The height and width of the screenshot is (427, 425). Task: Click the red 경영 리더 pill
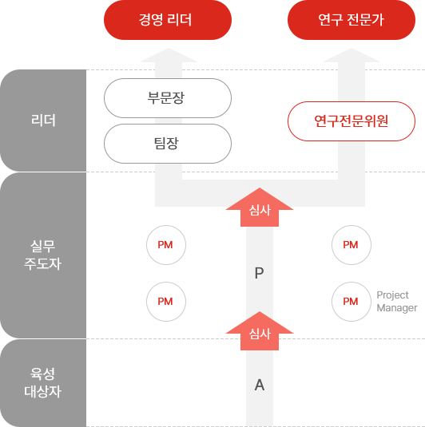[x=168, y=20]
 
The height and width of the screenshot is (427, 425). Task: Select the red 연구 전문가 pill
[x=352, y=20]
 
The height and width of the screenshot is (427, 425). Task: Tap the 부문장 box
[x=168, y=98]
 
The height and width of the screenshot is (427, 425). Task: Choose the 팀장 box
[x=168, y=144]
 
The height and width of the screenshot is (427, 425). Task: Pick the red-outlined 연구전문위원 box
[x=352, y=121]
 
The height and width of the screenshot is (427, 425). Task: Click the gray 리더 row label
[x=43, y=121]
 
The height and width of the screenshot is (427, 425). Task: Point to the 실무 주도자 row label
[x=43, y=255]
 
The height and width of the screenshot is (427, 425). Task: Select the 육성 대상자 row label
[x=43, y=382]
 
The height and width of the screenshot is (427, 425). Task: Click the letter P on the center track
[x=260, y=273]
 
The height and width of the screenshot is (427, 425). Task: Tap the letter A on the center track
[x=260, y=385]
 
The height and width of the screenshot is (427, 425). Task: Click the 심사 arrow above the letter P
[x=260, y=208]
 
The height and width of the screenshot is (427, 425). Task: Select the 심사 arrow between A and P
[x=260, y=331]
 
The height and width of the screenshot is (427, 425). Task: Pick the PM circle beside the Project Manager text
[x=352, y=302]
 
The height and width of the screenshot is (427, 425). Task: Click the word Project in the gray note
[x=392, y=295]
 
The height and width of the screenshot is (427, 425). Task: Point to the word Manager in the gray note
[x=397, y=308]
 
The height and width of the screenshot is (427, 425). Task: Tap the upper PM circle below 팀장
[x=166, y=245]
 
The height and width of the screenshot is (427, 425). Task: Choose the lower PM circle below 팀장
[x=166, y=302]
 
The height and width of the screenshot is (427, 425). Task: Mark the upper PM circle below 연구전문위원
[x=352, y=245]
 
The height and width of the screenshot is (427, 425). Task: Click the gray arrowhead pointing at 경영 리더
[x=169, y=56]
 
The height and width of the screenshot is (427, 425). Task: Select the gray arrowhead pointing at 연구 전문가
[x=352, y=56]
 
